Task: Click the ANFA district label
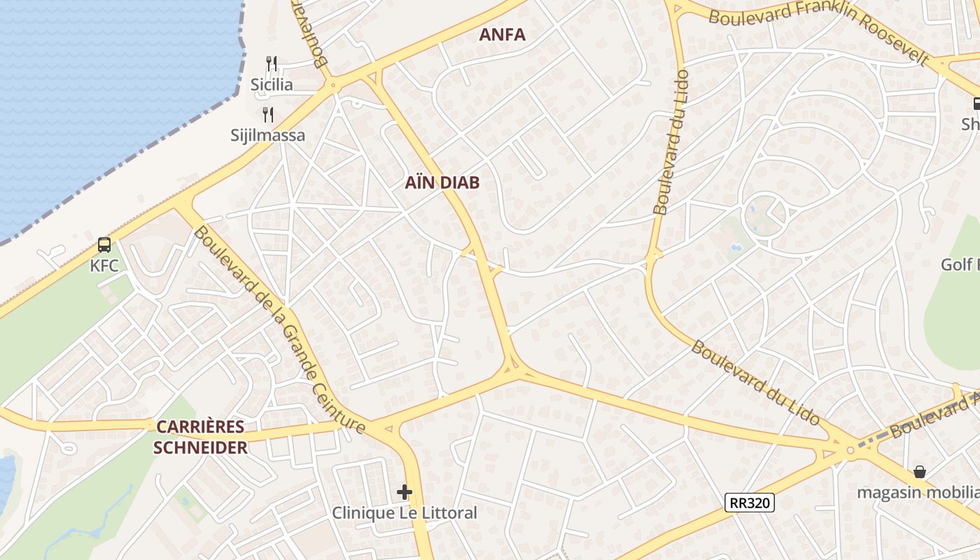point(502,34)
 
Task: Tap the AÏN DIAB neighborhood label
point(442,183)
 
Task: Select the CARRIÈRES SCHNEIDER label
point(200,437)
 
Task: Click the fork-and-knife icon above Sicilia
point(272,64)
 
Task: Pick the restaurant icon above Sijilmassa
point(267,114)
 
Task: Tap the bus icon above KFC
point(104,245)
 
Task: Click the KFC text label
point(104,266)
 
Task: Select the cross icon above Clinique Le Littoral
point(405,492)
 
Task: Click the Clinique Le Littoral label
point(405,513)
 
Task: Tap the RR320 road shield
point(749,502)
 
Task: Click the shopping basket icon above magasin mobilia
point(920,472)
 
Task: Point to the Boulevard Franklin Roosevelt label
point(819,28)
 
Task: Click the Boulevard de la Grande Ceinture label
point(279,329)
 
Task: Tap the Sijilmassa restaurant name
point(268,135)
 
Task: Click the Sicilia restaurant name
point(272,85)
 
